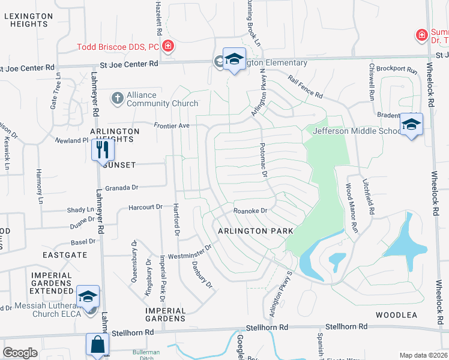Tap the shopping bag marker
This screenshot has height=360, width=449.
pos(97,345)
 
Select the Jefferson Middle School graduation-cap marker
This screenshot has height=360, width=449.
pos(411,125)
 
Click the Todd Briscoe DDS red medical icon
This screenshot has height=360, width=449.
pos(169,45)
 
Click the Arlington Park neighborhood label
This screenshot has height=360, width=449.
pos(255,231)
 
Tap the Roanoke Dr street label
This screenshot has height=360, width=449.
pos(250,211)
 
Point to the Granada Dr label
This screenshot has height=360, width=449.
pos(122,188)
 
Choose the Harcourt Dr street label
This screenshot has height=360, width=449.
pos(146,207)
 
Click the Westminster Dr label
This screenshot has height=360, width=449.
pos(196,251)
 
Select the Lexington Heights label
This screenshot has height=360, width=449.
pos(25,19)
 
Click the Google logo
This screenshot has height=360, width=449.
pos(20,353)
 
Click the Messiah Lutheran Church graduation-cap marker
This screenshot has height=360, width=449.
pos(88,296)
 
